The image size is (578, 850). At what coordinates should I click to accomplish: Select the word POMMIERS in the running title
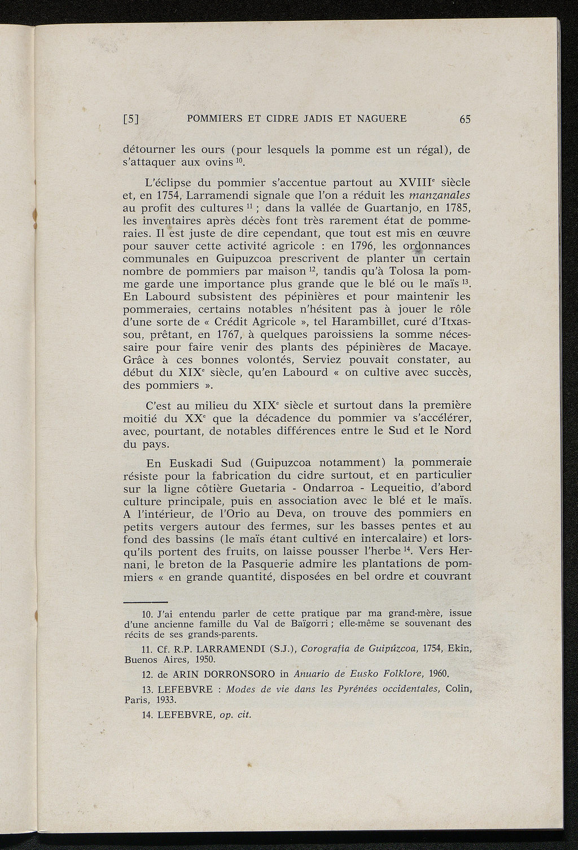[213, 118]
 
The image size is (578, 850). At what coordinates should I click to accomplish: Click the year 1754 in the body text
[151, 195]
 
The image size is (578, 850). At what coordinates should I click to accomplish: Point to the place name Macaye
[450, 347]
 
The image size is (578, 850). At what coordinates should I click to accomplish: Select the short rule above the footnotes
[145, 602]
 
